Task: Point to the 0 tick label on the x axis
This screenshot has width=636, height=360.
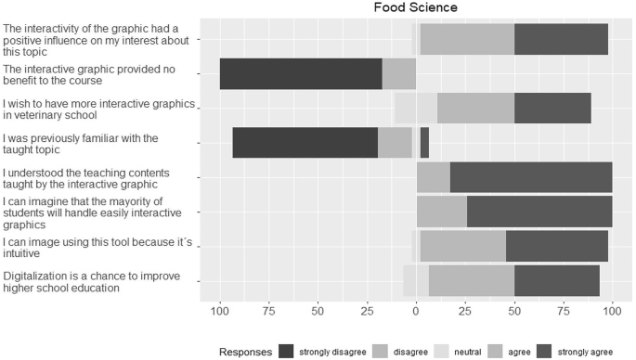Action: pos(416,310)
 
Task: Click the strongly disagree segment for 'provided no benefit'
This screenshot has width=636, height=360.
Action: pos(301,73)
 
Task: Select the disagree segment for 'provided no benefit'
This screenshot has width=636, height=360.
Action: pos(399,73)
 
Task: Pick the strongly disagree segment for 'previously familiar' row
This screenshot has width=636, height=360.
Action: pos(305,143)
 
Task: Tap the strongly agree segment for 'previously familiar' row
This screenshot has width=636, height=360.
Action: pos(424,143)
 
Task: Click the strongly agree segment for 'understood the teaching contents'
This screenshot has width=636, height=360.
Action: pos(531,177)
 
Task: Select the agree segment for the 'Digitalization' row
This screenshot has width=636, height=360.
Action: pos(471,280)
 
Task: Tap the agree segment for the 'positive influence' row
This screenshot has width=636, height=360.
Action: pos(467,40)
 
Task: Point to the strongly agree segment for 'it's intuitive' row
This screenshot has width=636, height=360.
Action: pos(557,246)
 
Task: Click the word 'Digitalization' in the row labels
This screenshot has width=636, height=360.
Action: pos(37,276)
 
